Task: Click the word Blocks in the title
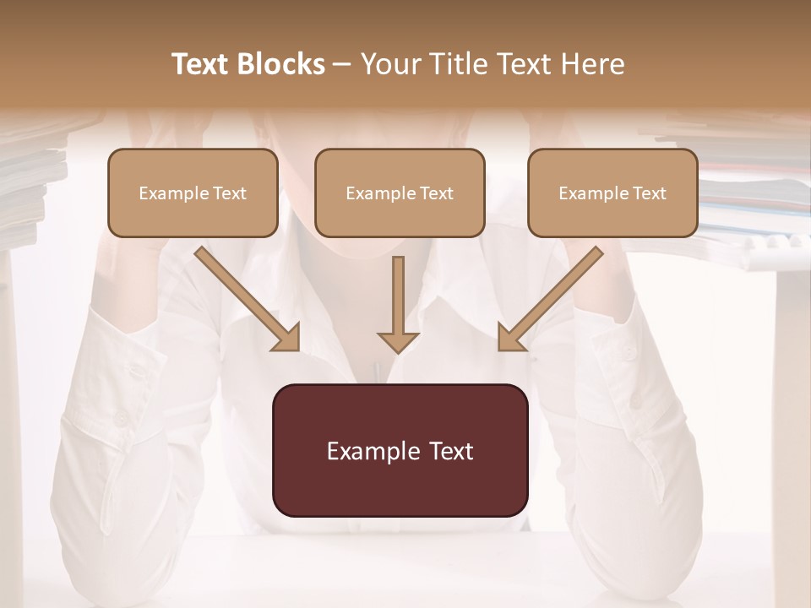tap(280, 64)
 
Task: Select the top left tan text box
tap(193, 193)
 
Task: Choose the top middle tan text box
tap(400, 193)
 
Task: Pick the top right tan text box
tap(612, 193)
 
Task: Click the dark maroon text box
tap(400, 450)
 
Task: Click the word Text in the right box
tap(649, 193)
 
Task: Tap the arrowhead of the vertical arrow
tap(398, 341)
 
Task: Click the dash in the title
tap(342, 65)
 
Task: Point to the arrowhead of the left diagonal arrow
tap(288, 339)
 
